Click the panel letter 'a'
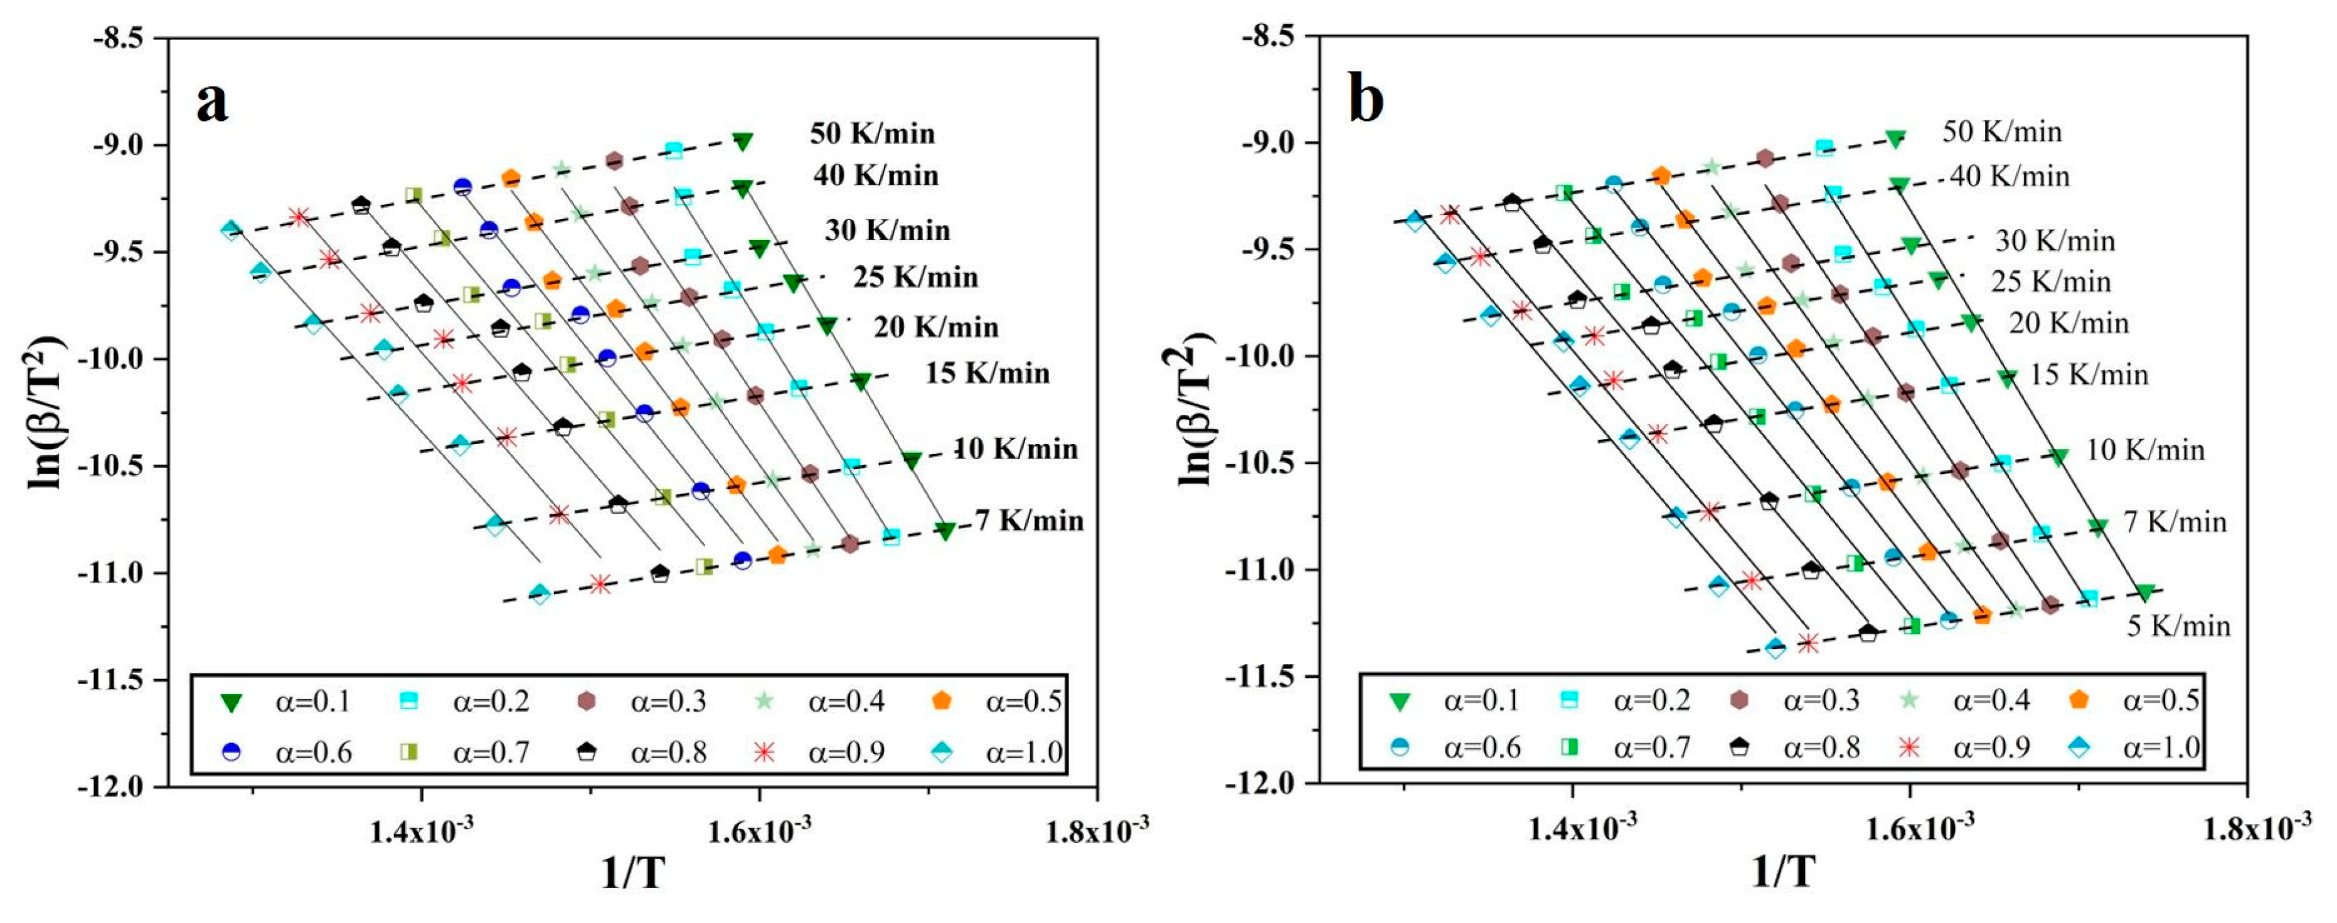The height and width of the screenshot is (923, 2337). tap(212, 102)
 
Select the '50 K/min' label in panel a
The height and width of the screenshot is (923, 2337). tap(872, 134)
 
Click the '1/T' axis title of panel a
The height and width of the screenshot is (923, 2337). tap(632, 872)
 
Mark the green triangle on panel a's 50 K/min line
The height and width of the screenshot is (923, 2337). tap(743, 142)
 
